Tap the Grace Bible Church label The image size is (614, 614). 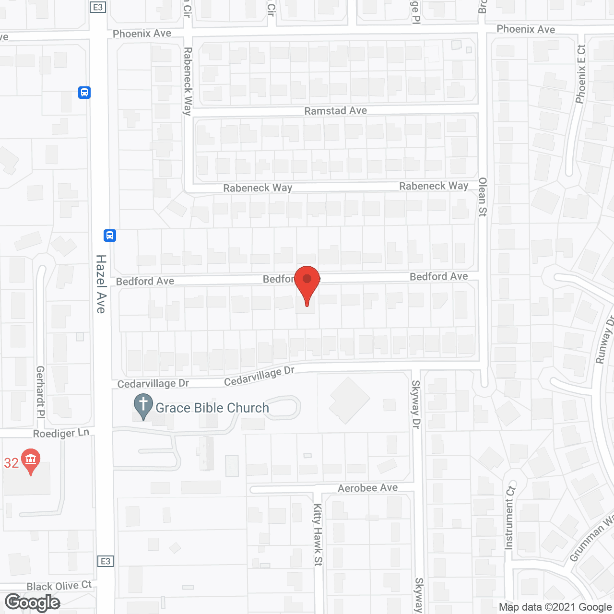212,408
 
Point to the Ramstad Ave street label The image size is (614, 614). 335,111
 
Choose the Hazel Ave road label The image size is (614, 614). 101,283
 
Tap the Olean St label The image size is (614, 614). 483,197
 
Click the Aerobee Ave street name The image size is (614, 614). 367,488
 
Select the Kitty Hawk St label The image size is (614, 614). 318,534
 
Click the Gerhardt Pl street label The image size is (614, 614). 40,392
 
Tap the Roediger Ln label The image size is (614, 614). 61,433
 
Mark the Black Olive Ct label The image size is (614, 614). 59,586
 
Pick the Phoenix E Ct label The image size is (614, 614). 581,74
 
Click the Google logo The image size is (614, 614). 33,602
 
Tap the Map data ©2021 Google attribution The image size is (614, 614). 555,607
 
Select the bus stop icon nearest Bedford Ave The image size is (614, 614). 110,236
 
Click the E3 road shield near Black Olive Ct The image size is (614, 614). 106,561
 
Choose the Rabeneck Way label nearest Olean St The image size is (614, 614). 434,186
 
